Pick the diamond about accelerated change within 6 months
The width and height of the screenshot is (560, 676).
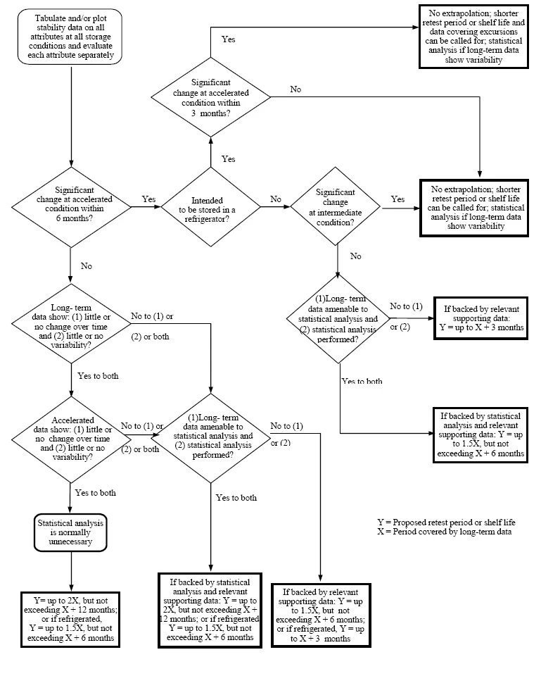tap(71, 206)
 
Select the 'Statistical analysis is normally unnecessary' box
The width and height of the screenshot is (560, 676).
tap(71, 533)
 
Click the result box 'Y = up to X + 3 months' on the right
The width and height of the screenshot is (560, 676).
tap(481, 318)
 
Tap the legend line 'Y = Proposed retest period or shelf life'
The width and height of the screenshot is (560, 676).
tap(446, 522)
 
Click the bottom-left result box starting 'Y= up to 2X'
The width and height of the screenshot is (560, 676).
tap(70, 620)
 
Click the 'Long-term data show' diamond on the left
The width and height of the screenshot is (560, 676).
tap(71, 323)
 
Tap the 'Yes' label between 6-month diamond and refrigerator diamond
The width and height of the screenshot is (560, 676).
tap(148, 199)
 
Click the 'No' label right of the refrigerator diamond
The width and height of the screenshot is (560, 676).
tap(275, 199)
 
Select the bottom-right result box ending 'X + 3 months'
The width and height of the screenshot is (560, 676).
tap(322, 615)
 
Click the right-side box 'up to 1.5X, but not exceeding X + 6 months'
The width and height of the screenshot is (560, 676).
tap(481, 434)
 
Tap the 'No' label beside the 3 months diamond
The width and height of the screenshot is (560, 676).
tap(295, 89)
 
